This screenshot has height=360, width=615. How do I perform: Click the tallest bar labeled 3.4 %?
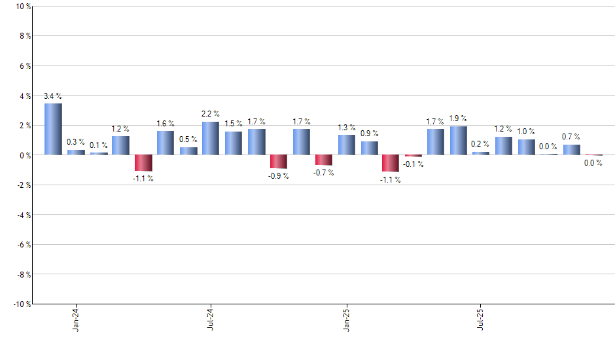coord(53,129)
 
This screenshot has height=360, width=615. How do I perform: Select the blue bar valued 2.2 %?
coord(210,138)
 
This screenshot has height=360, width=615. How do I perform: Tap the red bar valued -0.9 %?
coord(278,162)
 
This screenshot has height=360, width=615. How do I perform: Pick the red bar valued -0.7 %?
coord(323,160)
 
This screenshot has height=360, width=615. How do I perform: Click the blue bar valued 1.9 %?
coord(458,141)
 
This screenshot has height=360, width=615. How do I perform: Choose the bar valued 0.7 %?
coord(571,150)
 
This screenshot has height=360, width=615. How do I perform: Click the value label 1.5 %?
coord(234,123)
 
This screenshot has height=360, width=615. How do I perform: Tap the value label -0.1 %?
coord(413,164)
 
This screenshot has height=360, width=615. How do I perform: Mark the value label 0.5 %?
coord(188,139)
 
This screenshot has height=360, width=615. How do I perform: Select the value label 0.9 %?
coord(369,133)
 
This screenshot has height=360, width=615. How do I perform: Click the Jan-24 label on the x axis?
coord(76,319)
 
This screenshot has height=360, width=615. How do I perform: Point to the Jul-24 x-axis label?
coord(211,319)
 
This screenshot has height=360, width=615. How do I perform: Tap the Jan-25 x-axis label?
coord(345,319)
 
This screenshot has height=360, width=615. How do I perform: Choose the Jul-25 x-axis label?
coord(480,319)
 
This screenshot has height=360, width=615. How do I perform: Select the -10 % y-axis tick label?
coord(21,304)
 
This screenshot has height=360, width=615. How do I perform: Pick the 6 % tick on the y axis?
coord(24,66)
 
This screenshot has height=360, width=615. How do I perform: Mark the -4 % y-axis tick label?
coord(23,215)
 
